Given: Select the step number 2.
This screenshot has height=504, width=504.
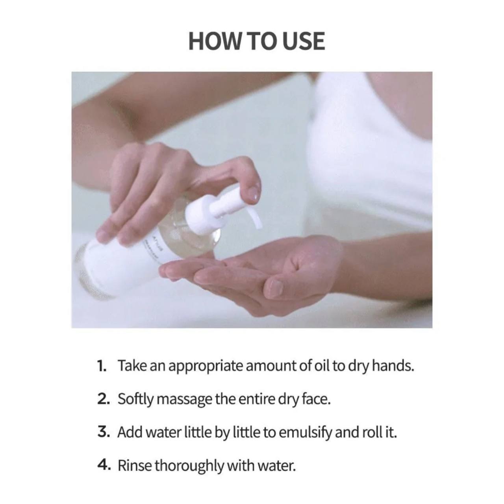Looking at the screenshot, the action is click(104, 399).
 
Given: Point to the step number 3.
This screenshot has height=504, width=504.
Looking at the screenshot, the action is click(104, 432).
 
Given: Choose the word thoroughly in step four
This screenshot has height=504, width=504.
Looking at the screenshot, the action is click(189, 467).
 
